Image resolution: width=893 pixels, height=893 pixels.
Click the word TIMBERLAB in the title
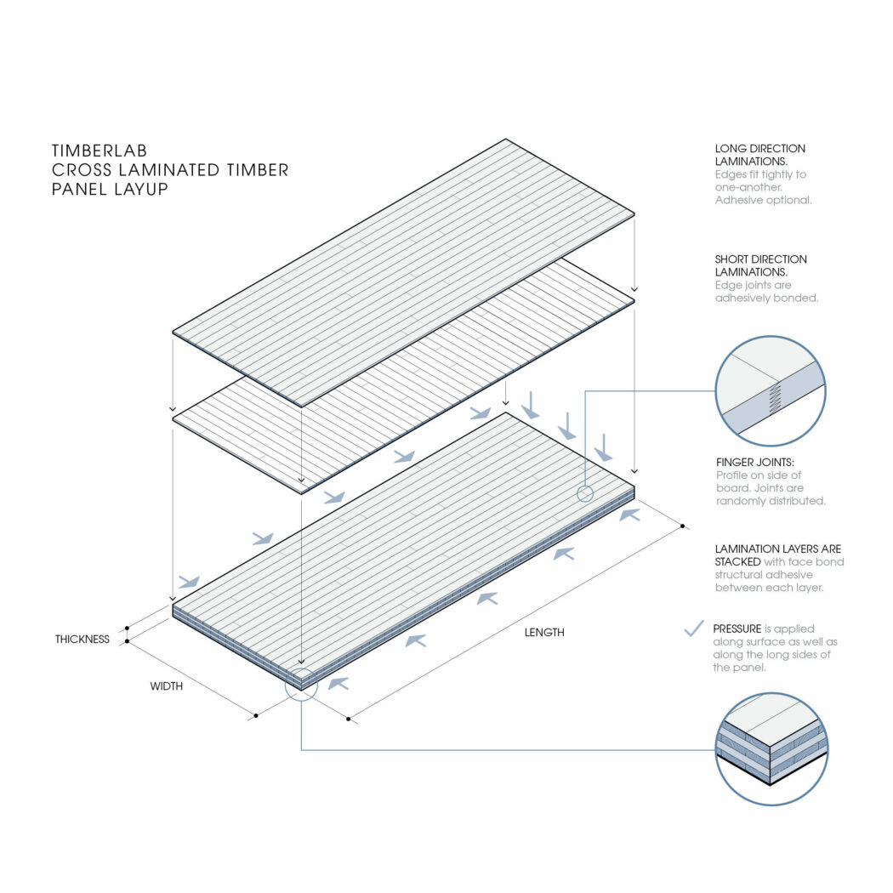click(100, 151)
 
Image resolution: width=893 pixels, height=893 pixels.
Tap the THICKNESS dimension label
click(82, 639)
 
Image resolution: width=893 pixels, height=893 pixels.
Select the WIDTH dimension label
click(167, 686)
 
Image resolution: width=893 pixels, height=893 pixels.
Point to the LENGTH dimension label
click(544, 632)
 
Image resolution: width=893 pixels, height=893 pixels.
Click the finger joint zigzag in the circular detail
click(775, 397)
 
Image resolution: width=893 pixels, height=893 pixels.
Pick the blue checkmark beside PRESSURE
click(694, 629)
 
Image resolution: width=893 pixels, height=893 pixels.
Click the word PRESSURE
click(737, 629)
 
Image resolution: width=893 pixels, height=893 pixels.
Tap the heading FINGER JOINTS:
click(755, 462)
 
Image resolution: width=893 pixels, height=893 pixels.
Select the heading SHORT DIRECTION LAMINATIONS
click(761, 265)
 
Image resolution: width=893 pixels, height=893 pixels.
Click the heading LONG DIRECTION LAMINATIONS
click(760, 155)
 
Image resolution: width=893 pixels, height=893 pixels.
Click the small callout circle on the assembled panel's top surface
click(585, 494)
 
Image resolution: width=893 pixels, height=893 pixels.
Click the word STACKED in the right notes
click(737, 561)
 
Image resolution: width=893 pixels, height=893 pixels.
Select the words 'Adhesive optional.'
click(763, 200)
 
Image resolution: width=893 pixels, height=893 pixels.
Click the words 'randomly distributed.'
click(771, 501)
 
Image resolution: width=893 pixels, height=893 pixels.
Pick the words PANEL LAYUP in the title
click(110, 189)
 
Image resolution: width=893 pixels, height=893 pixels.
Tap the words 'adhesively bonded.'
click(766, 298)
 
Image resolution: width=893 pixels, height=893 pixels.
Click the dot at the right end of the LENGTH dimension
click(682, 526)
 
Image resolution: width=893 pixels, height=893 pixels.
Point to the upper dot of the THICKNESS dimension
click(127, 629)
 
